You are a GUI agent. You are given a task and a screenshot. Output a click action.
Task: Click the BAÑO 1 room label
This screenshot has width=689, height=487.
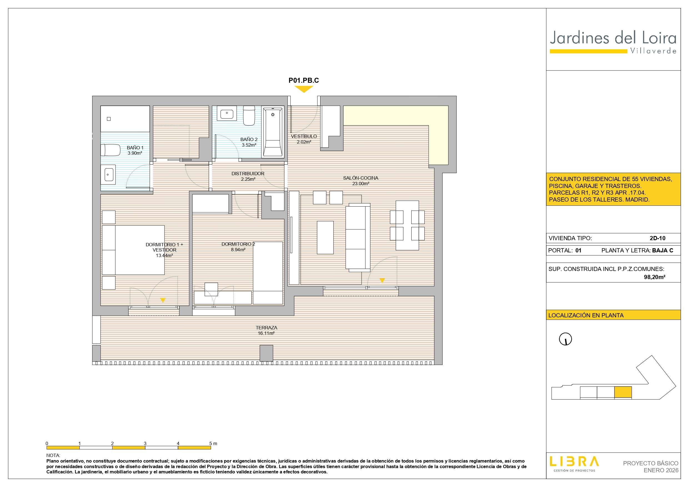(135, 148)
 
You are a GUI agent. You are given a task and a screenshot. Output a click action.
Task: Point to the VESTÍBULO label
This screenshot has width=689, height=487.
(304, 136)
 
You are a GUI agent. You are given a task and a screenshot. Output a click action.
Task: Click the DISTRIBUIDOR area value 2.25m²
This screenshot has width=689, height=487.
(248, 179)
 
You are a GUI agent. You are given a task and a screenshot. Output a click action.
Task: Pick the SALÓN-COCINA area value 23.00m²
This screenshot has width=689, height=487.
(361, 184)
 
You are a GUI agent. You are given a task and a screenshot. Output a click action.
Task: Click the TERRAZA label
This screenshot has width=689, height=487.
(267, 328)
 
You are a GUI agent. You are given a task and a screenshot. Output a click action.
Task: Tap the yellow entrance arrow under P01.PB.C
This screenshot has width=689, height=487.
(304, 89)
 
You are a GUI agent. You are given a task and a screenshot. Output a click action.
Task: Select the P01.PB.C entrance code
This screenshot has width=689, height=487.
(304, 81)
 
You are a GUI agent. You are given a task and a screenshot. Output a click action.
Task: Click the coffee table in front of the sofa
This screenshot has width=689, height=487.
(325, 238)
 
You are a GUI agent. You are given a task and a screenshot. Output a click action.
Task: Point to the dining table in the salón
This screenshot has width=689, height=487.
(407, 225)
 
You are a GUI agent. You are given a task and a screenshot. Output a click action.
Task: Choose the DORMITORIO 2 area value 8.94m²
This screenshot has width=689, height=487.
(238, 250)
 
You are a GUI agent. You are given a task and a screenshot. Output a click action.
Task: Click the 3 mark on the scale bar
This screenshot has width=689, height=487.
(145, 443)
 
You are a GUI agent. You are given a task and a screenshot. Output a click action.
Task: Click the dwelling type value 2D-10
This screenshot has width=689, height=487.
(658, 238)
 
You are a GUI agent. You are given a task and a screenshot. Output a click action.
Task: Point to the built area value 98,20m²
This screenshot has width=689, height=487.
(655, 277)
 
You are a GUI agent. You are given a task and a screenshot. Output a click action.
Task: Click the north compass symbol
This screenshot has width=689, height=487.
(565, 339)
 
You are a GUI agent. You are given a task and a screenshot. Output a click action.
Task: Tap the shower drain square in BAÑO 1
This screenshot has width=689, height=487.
(109, 119)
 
